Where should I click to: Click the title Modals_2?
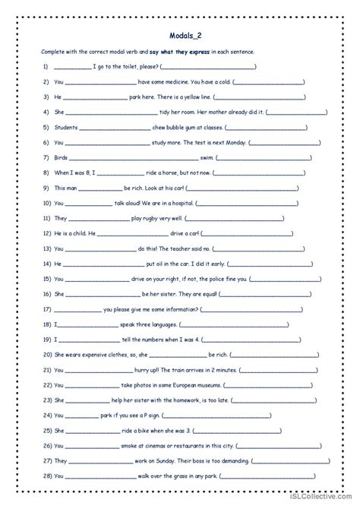(x=180, y=34)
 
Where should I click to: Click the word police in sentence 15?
(x=236, y=279)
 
